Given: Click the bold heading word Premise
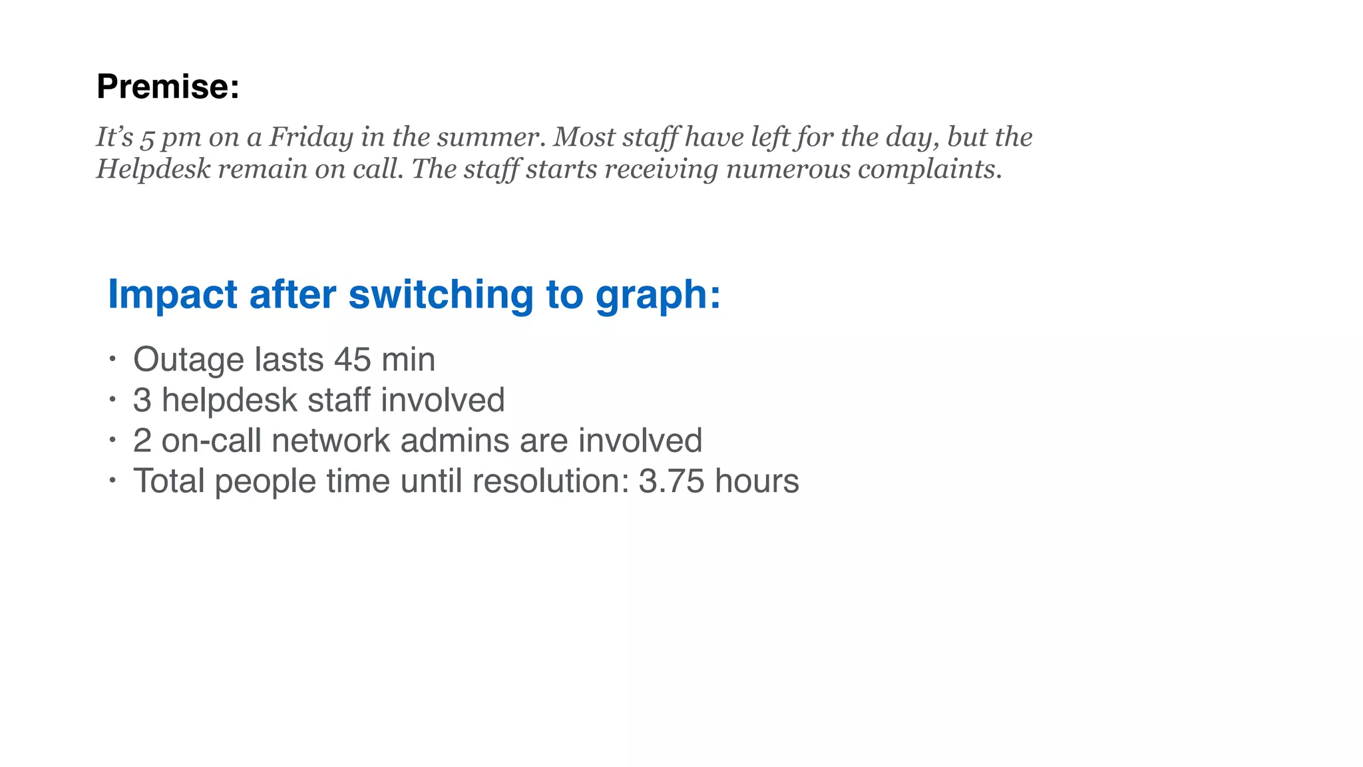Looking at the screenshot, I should (x=166, y=87).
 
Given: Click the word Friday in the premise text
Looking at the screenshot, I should (x=311, y=137).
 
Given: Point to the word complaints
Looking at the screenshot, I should (x=929, y=169).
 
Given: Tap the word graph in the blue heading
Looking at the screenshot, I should (x=658, y=295).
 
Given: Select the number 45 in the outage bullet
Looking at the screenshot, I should (x=352, y=360).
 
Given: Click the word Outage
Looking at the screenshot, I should (x=188, y=360).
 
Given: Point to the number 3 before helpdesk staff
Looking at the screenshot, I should (x=142, y=400).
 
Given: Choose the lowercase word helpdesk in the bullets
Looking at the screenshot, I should (x=229, y=400).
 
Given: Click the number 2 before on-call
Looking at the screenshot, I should (x=142, y=441).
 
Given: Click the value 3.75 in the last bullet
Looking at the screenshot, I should (x=671, y=481).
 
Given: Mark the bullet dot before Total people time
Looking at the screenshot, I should (x=112, y=479).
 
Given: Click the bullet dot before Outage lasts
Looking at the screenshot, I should (x=112, y=358).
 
